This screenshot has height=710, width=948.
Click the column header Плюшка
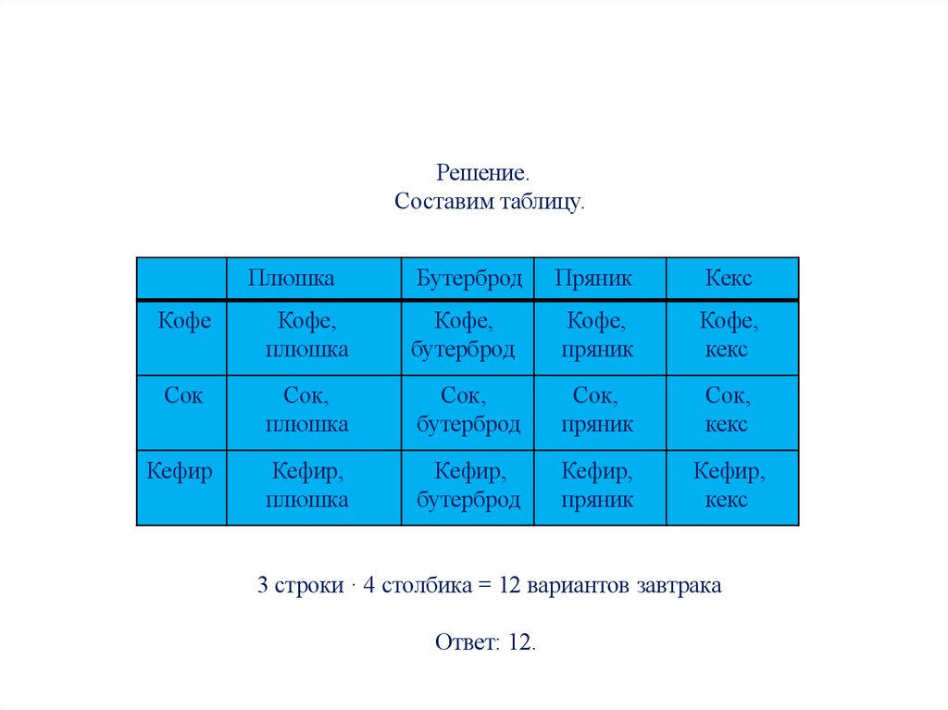pyautogui.click(x=291, y=279)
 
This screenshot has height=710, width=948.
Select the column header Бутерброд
pyautogui.click(x=468, y=279)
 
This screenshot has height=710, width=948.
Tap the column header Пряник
pyautogui.click(x=593, y=279)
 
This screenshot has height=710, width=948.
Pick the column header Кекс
pyautogui.click(x=729, y=279)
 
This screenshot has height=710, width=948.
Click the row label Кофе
pyautogui.click(x=184, y=321)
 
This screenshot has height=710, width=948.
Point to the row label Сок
pyautogui.click(x=183, y=396)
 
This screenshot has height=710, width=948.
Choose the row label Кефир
pyautogui.click(x=180, y=471)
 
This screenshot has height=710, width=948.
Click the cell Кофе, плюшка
pyautogui.click(x=307, y=336)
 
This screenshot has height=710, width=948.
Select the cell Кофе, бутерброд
pyautogui.click(x=467, y=336)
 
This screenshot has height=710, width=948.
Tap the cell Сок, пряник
pyautogui.click(x=598, y=411)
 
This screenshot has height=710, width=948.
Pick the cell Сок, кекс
pyautogui.click(x=729, y=411)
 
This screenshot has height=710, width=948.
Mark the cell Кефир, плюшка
pyautogui.click(x=307, y=486)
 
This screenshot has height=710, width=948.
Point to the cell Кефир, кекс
pyautogui.click(x=729, y=486)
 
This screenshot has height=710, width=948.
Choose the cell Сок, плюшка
pyautogui.click(x=307, y=411)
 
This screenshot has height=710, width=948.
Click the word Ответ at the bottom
pyautogui.click(x=466, y=643)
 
